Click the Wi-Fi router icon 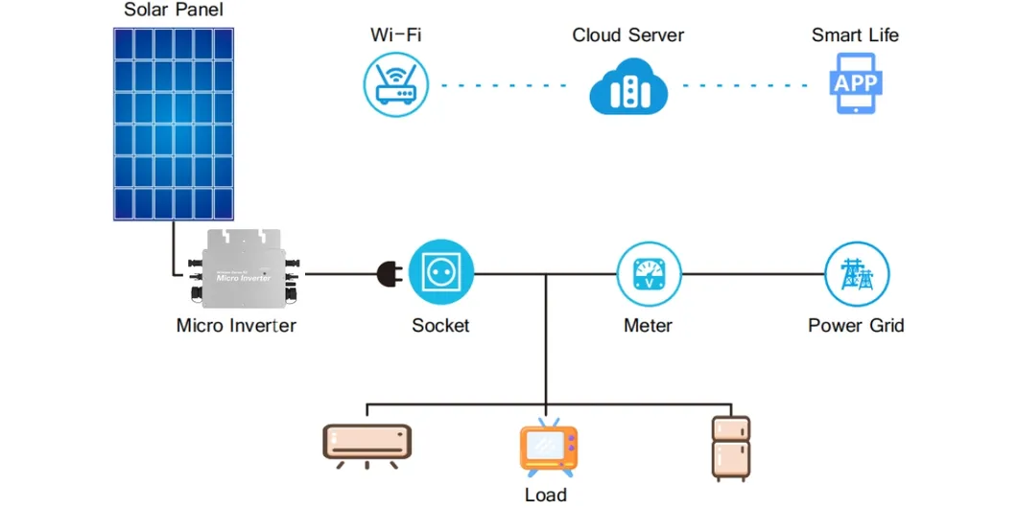(395, 84)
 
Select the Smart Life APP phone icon (855, 84)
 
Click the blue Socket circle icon (441, 272)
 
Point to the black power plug (390, 273)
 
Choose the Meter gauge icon (648, 273)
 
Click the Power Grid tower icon (857, 273)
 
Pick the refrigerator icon (730, 448)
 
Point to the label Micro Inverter (236, 325)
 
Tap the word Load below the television (545, 495)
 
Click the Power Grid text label (856, 325)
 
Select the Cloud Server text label (627, 35)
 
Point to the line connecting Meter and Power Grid (752, 273)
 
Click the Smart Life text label (855, 35)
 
